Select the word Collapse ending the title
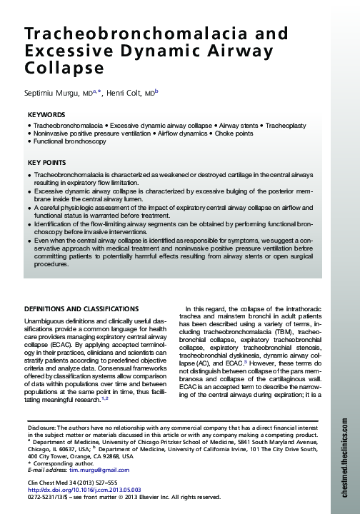click(64, 69)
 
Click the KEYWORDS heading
click(46, 115)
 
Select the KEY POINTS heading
click(46, 163)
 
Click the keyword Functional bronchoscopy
click(70, 141)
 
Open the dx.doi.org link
click(74, 490)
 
